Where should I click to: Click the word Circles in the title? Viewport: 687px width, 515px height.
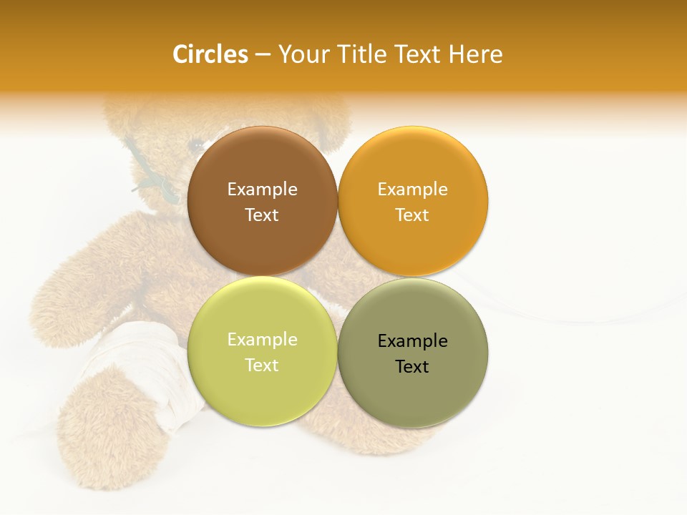(210, 54)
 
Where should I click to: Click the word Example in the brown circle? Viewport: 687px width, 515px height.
(262, 190)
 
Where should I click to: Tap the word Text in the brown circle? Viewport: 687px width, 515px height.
(262, 215)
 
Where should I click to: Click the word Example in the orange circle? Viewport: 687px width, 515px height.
(412, 190)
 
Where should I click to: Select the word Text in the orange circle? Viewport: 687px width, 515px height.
(412, 215)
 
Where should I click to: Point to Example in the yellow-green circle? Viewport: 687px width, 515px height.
(262, 340)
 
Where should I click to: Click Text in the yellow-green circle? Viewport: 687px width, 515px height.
(262, 365)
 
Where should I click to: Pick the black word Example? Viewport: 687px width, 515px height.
(412, 341)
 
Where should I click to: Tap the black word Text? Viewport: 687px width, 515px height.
(412, 366)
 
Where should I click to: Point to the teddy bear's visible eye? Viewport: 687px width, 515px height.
(195, 145)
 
